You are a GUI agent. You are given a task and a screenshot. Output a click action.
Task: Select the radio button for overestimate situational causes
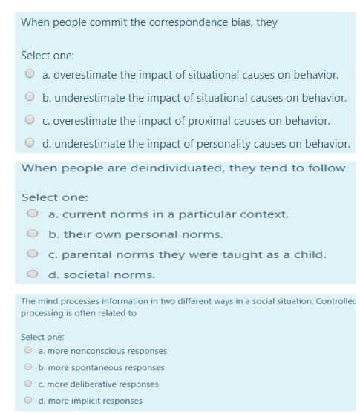point(30,74)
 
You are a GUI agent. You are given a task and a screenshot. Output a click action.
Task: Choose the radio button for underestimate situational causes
point(30,97)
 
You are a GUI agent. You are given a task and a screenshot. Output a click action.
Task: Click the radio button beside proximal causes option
point(30,120)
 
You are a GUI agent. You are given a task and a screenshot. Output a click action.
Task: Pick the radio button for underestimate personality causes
point(30,143)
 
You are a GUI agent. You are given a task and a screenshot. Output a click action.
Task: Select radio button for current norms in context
point(33,214)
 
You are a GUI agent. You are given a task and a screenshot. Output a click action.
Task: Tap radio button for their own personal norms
point(33,234)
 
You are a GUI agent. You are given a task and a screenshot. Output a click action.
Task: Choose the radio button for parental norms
point(33,254)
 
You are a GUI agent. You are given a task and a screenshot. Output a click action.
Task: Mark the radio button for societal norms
point(33,275)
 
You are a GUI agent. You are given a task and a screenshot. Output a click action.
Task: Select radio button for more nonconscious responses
point(27,351)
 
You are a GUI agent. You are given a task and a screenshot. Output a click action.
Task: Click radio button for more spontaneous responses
point(27,367)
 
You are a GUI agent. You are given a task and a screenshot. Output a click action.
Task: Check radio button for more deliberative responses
point(27,384)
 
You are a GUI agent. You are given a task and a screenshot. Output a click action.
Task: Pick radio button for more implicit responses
point(27,401)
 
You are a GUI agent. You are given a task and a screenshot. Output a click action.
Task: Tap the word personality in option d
point(226,143)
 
